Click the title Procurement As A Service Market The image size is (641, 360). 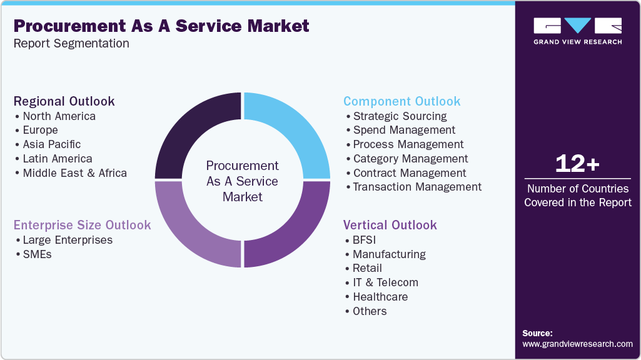tap(161, 26)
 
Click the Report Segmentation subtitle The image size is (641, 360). tap(71, 43)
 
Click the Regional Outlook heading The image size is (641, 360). tap(64, 101)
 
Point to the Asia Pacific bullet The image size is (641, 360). tap(52, 144)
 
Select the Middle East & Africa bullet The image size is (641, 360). tap(74, 173)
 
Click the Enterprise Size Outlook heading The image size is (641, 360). tap(82, 225)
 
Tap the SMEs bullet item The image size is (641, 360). tap(37, 254)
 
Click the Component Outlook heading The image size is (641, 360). tap(401, 101)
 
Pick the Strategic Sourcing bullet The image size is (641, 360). tap(400, 116)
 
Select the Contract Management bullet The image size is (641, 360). tap(410, 173)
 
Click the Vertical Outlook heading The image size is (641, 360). tap(390, 225)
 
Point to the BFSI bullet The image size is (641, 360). tap(364, 240)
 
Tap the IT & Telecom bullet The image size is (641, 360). tap(385, 282)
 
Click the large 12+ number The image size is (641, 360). tap(577, 164)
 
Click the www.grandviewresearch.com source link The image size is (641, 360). tap(577, 344)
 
